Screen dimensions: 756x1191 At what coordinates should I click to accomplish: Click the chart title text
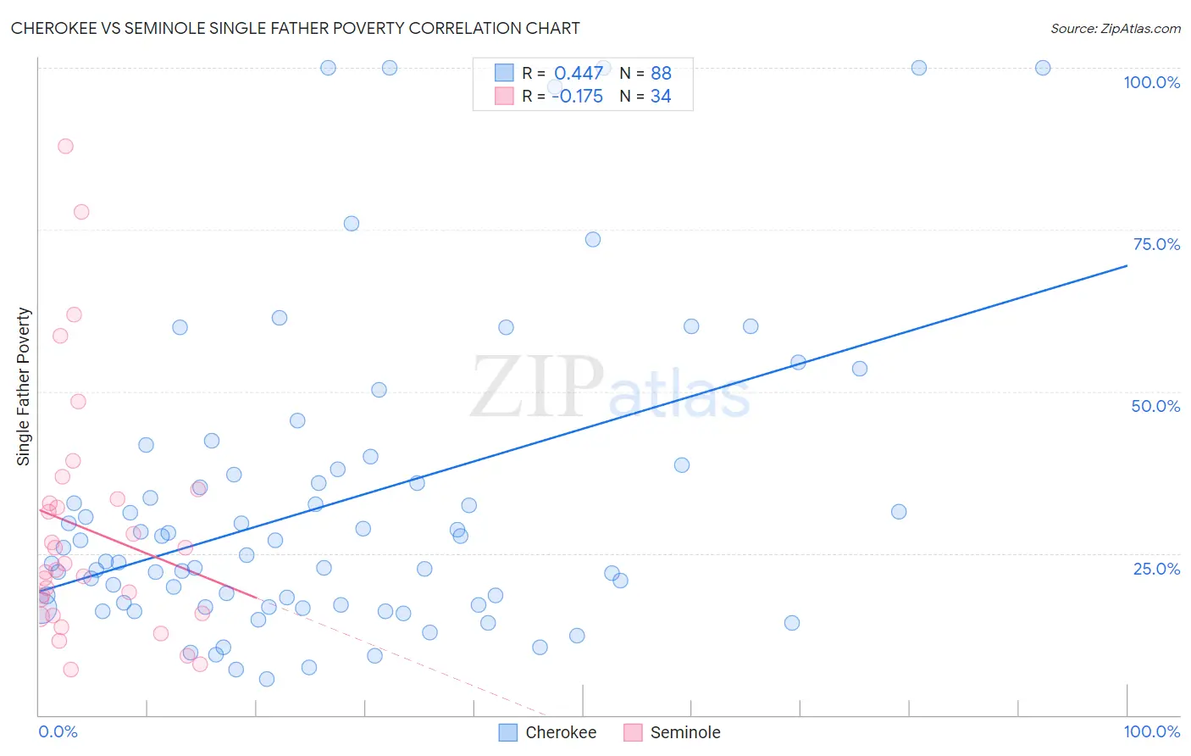(x=295, y=28)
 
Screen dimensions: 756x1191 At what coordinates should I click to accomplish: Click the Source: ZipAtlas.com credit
(x=1115, y=28)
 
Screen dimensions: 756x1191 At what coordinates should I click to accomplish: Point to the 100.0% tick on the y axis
(x=1151, y=82)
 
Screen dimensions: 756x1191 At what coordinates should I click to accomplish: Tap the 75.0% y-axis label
(x=1156, y=244)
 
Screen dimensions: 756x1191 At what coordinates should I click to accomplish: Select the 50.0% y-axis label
(x=1155, y=406)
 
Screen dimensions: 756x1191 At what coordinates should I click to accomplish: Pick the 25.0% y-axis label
(x=1156, y=568)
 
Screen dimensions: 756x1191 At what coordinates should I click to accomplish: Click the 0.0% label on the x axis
(x=58, y=731)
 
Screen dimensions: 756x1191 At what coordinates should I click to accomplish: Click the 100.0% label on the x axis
(x=1151, y=731)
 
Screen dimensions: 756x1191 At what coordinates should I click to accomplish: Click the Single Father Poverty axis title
(x=24, y=386)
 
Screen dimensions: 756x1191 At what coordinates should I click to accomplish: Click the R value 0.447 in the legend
(x=578, y=73)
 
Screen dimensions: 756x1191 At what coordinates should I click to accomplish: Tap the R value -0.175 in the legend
(x=577, y=97)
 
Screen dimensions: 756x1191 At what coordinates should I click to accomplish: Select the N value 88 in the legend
(x=661, y=73)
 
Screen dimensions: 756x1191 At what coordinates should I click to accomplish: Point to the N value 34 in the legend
(x=661, y=97)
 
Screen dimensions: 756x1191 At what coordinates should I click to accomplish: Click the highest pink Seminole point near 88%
(x=65, y=146)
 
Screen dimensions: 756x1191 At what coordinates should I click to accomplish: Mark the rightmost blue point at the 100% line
(x=1043, y=68)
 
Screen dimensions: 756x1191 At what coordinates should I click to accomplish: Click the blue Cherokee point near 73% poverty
(x=593, y=240)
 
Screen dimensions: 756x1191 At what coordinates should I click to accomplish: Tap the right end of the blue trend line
(x=1127, y=266)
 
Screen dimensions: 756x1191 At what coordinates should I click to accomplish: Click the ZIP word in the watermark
(x=537, y=387)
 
